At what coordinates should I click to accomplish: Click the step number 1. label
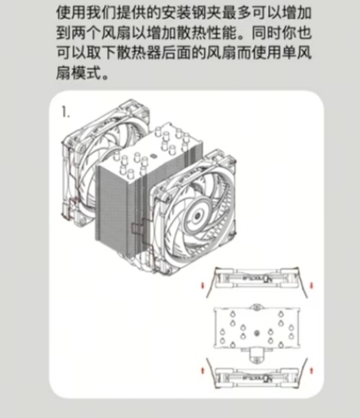click(65, 112)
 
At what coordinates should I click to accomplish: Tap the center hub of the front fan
click(197, 216)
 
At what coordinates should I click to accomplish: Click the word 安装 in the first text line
click(176, 13)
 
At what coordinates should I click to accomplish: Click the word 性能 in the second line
click(222, 33)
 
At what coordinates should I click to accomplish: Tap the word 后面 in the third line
click(176, 54)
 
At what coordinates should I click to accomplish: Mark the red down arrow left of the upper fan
click(202, 285)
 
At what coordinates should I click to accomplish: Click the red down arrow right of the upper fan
click(312, 285)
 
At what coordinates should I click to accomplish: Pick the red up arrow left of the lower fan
click(202, 370)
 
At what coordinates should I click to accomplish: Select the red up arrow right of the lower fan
click(312, 370)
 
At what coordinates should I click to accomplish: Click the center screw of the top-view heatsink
click(257, 332)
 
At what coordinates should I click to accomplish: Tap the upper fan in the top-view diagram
click(256, 279)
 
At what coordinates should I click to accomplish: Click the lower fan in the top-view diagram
click(256, 377)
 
